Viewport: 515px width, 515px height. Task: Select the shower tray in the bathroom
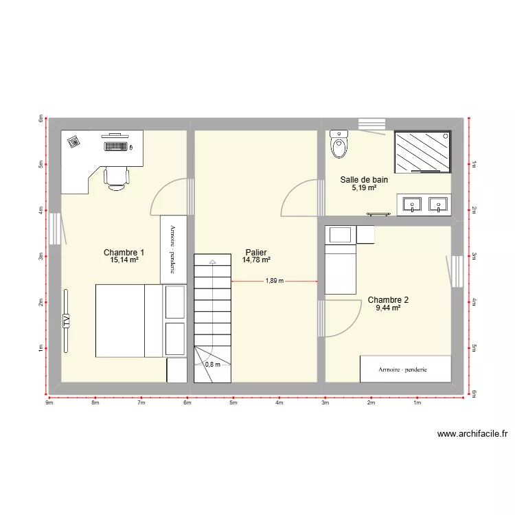[422, 151]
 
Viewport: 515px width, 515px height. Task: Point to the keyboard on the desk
[117, 146]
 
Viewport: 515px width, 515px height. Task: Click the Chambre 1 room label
[124, 252]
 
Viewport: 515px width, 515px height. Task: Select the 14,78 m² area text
[255, 260]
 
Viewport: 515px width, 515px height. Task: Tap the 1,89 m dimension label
[275, 281]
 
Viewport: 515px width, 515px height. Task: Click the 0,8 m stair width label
[213, 365]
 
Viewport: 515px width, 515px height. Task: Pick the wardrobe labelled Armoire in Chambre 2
[405, 369]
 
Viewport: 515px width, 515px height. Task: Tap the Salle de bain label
[364, 180]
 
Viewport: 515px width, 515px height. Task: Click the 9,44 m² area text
[388, 308]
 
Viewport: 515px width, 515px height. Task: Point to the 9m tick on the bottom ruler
[49, 403]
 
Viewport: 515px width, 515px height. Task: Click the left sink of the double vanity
[413, 203]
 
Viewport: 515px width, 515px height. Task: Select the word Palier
[255, 252]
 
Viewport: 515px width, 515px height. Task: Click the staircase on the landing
[213, 309]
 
